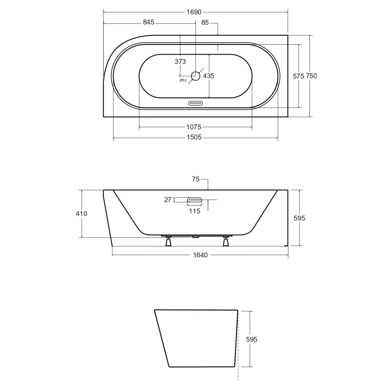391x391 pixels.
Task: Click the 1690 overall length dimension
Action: (194, 12)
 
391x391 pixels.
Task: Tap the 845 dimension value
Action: (149, 22)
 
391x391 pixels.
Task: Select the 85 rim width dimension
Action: (205, 22)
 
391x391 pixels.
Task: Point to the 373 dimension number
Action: (180, 62)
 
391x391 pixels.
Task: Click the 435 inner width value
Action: (209, 76)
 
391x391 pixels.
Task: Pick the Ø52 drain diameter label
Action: (183, 80)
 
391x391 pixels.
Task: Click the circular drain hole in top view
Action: (195, 76)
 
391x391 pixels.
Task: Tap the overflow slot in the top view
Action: (195, 103)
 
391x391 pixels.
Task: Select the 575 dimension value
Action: (298, 76)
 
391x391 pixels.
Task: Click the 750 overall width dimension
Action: (311, 76)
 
